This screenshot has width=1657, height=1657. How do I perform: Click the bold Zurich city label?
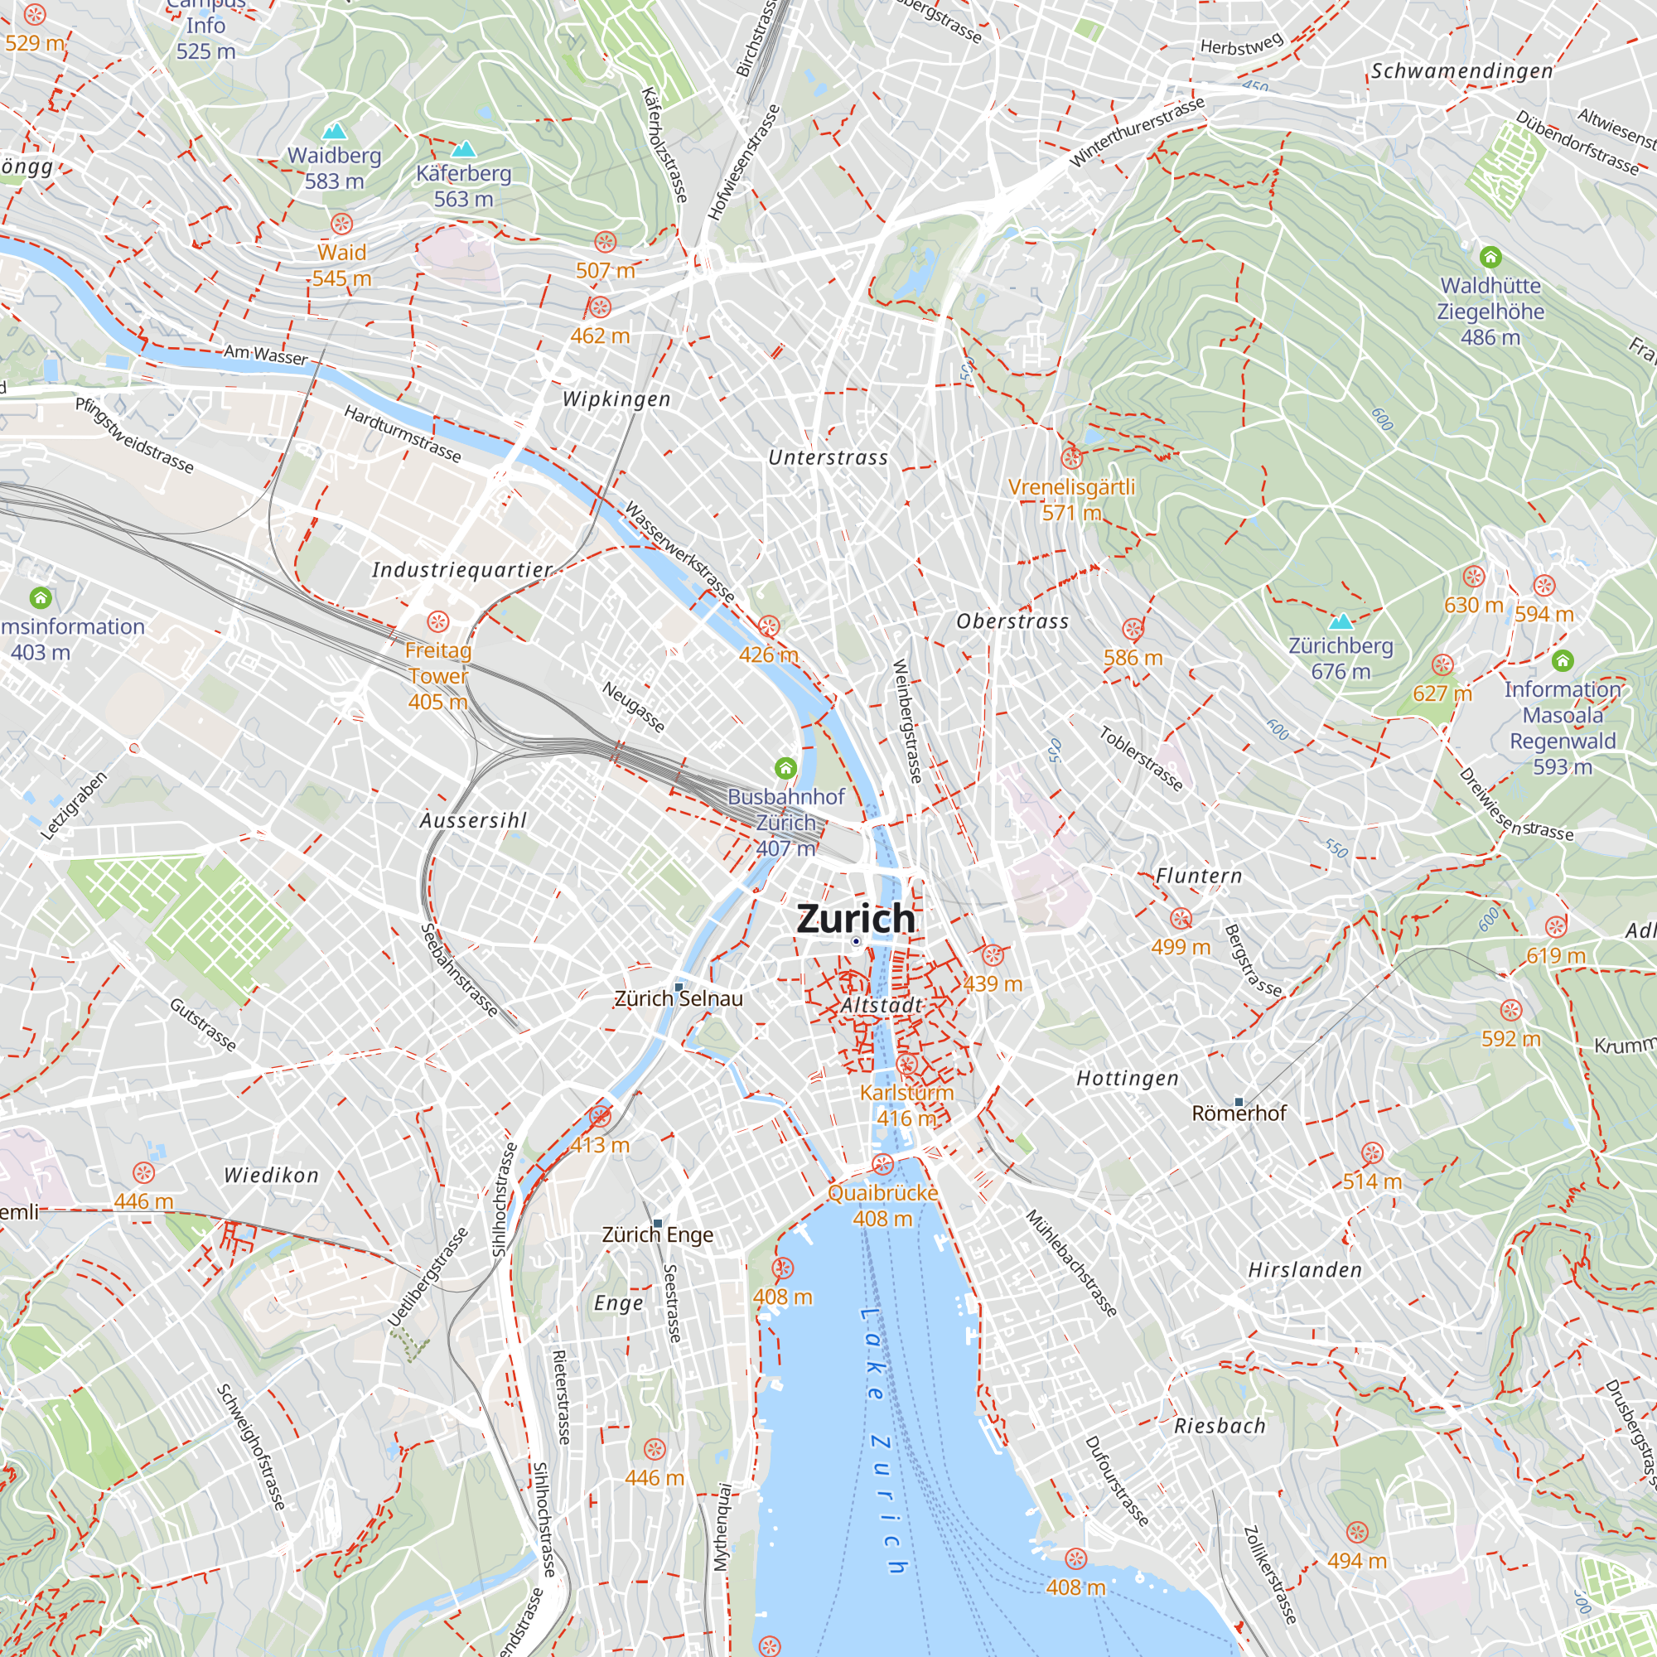(856, 919)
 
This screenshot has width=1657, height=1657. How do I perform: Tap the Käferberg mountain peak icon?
(464, 149)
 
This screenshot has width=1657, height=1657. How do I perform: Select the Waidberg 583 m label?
(335, 168)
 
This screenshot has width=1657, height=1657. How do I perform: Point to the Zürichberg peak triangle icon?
(1341, 621)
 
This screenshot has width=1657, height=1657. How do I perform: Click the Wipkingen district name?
(616, 399)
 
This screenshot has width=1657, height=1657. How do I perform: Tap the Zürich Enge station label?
(658, 1235)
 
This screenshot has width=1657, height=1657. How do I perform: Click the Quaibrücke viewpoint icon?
(882, 1165)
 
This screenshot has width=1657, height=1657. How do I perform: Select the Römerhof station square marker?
(1239, 1101)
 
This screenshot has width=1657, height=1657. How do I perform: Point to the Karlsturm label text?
(906, 1093)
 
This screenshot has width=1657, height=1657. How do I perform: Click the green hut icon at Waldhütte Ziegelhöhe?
(1490, 257)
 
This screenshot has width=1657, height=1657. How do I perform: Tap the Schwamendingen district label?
(1461, 71)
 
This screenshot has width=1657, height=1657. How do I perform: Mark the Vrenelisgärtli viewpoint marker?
(1071, 457)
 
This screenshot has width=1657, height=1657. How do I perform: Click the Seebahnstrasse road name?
(460, 970)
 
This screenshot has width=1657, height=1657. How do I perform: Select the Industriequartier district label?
(462, 569)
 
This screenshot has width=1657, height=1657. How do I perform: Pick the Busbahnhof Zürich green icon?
(785, 768)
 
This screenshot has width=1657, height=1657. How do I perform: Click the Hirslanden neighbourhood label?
(1305, 1270)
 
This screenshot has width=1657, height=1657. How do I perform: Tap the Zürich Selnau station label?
(679, 999)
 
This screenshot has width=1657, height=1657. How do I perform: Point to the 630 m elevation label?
(1473, 606)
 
